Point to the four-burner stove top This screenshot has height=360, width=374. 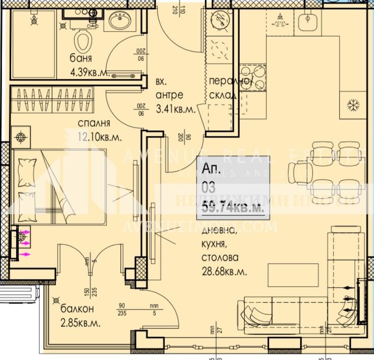tap(252, 78)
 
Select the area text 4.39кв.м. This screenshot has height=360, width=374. tap(91, 72)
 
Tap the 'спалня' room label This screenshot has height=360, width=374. tap(94, 123)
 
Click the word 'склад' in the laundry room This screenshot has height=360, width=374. tap(223, 95)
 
